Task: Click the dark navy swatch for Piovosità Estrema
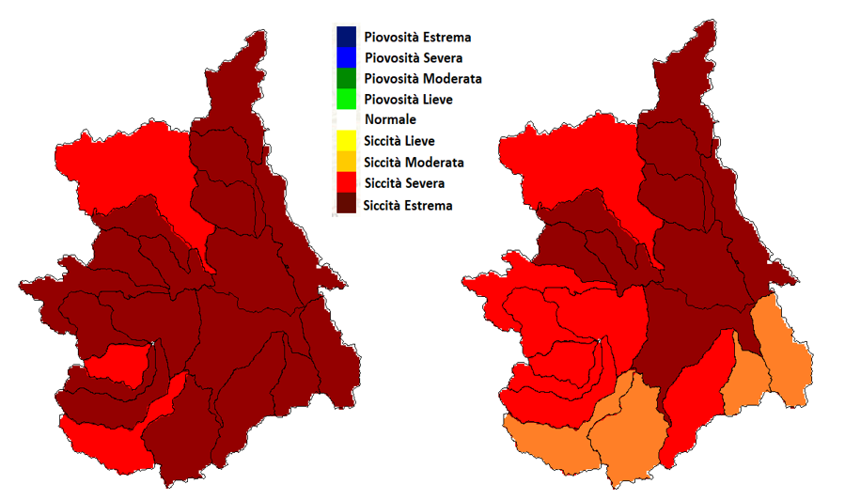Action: (346, 38)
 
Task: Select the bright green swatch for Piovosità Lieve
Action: (346, 99)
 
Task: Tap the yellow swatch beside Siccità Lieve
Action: (346, 141)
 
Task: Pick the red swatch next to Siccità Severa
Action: (346, 182)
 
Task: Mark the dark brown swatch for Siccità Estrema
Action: (346, 204)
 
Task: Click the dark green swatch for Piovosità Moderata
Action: (346, 78)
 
